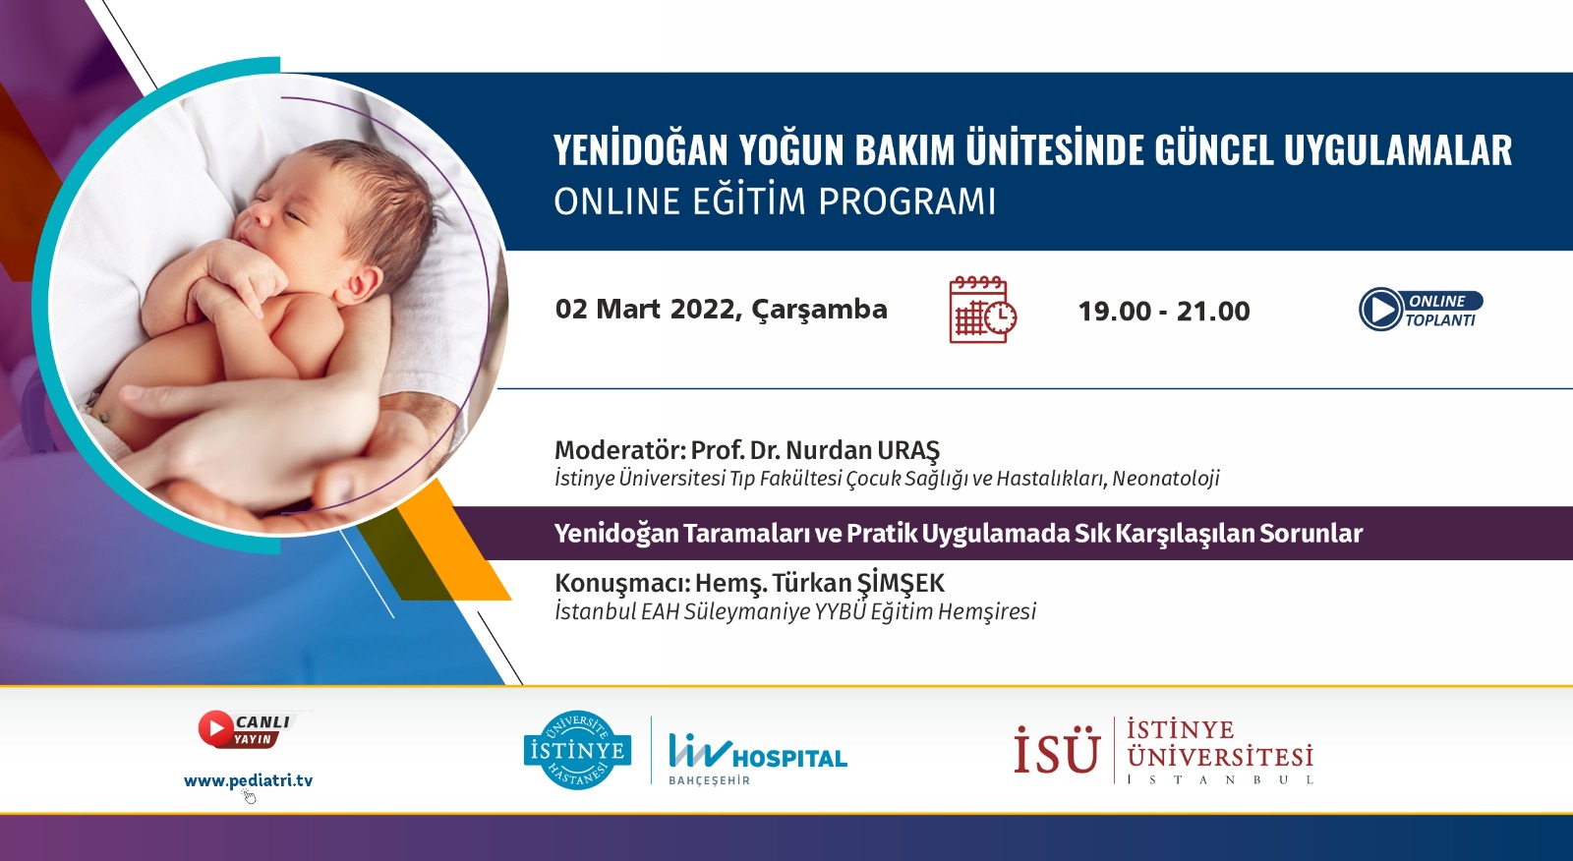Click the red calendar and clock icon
coord(982,310)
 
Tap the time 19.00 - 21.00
coord(1164,312)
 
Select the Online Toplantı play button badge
coord(1421,309)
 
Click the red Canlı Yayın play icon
coord(215,728)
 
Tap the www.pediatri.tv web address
coord(248,781)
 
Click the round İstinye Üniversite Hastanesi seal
coord(577,750)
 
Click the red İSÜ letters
coord(1056,750)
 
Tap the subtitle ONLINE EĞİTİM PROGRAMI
coord(775,201)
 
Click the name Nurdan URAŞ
coord(862,450)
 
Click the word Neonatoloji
coord(1166,479)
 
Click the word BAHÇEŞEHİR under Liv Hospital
coord(709,780)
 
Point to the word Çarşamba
coord(820,310)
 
